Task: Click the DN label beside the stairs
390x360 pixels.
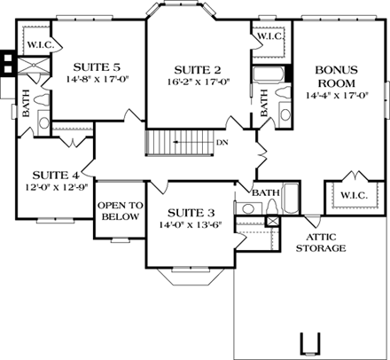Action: (222, 141)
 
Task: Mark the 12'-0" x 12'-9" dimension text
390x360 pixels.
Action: (56, 188)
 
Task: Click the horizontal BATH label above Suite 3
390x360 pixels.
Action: (266, 192)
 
